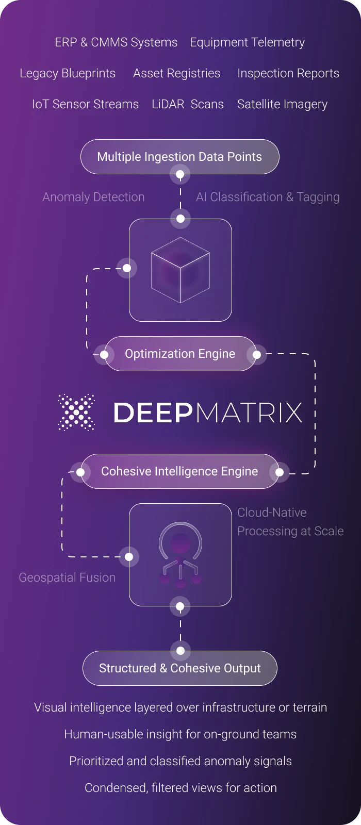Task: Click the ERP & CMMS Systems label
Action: pos(116,42)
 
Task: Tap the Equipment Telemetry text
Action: pos(247,43)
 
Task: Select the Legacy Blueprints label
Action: pos(68,73)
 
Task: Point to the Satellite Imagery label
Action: pos(282,105)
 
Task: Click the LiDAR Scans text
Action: pos(188,104)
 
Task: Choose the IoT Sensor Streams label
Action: pos(86,104)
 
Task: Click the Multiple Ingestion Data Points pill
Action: pos(180,157)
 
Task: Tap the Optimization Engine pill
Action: pos(180,354)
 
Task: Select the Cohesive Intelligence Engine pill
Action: pos(180,471)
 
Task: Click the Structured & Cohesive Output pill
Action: pos(180,668)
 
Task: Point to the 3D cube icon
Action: pos(180,270)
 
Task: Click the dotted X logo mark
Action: pos(76,412)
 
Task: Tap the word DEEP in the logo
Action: pos(153,412)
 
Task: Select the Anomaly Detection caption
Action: pos(93,197)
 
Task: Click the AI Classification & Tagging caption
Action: pos(268,197)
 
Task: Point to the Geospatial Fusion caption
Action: pos(67,577)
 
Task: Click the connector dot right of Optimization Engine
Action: pos(257,354)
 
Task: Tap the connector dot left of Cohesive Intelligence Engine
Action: pos(80,472)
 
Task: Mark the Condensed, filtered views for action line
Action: pos(180,788)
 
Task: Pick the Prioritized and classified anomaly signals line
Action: pos(180,761)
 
